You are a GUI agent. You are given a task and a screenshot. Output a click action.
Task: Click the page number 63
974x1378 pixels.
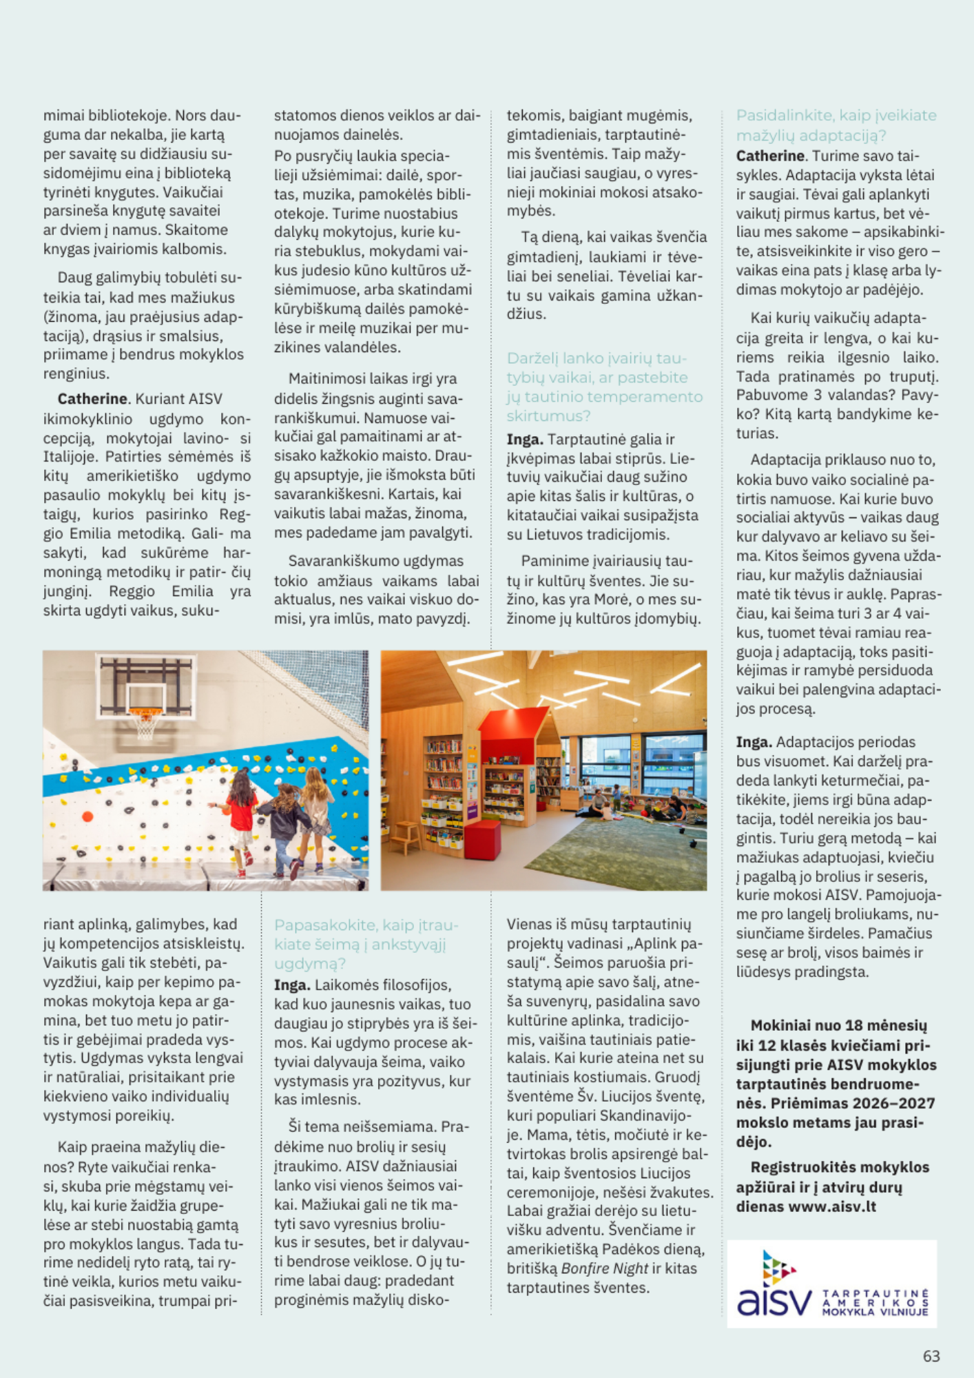click(931, 1356)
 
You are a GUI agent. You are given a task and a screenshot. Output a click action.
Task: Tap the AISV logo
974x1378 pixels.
click(831, 1284)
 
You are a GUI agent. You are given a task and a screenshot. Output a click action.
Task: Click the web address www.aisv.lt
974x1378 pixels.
click(832, 1206)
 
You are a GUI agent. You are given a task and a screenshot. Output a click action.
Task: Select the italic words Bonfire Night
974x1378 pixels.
click(604, 1268)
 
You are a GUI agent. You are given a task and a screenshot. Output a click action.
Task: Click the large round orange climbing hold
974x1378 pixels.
click(87, 816)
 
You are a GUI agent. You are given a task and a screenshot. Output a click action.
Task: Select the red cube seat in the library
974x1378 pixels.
click(481, 839)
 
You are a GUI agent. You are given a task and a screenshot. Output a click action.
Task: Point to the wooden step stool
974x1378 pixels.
click(406, 835)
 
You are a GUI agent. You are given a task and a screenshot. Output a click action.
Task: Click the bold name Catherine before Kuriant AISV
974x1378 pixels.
click(92, 399)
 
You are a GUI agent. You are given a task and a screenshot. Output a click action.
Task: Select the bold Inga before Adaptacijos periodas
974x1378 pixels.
click(754, 742)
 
